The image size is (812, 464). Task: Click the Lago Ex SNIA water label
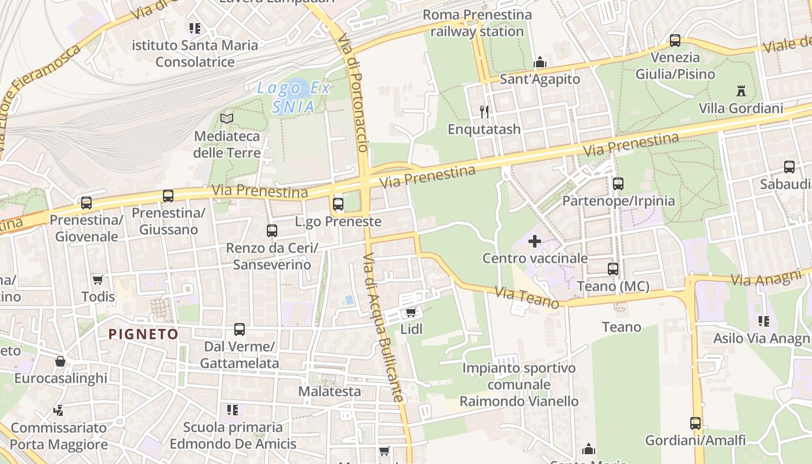click(294, 97)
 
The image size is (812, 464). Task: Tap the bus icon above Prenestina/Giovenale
click(86, 203)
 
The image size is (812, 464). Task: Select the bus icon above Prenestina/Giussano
click(168, 196)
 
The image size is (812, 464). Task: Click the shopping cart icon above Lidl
click(411, 313)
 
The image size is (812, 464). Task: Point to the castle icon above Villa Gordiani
click(741, 90)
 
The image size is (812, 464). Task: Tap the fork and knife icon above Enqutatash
click(484, 111)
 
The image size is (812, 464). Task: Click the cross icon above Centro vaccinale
click(535, 241)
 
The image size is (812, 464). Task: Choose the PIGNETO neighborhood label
click(143, 334)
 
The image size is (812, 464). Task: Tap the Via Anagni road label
click(765, 279)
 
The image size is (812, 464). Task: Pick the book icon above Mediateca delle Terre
click(227, 119)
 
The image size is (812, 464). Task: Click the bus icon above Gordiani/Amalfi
click(695, 423)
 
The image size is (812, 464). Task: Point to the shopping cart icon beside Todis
click(98, 280)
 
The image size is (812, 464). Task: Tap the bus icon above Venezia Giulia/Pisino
click(675, 41)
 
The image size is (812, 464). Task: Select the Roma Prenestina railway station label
click(477, 23)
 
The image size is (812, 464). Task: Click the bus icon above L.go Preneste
click(338, 204)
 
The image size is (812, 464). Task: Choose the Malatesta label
click(329, 391)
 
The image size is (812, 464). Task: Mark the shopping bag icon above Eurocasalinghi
click(60, 362)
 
